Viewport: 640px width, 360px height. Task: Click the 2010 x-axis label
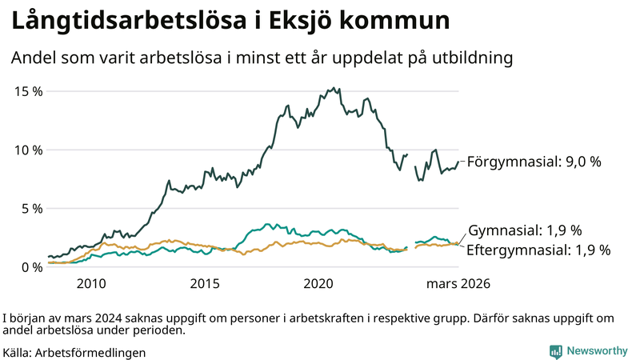[x=91, y=284]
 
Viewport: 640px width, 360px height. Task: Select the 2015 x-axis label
[x=205, y=284]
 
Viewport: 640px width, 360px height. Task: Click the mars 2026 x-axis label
[x=457, y=284]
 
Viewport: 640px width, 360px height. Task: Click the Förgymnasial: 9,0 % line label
[x=533, y=162]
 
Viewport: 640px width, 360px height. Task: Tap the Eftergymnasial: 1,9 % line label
[x=538, y=250]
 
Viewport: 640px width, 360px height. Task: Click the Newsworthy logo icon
[x=555, y=351]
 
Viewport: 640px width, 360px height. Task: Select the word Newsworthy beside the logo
[x=596, y=351]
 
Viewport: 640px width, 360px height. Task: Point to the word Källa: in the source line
[x=18, y=351]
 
